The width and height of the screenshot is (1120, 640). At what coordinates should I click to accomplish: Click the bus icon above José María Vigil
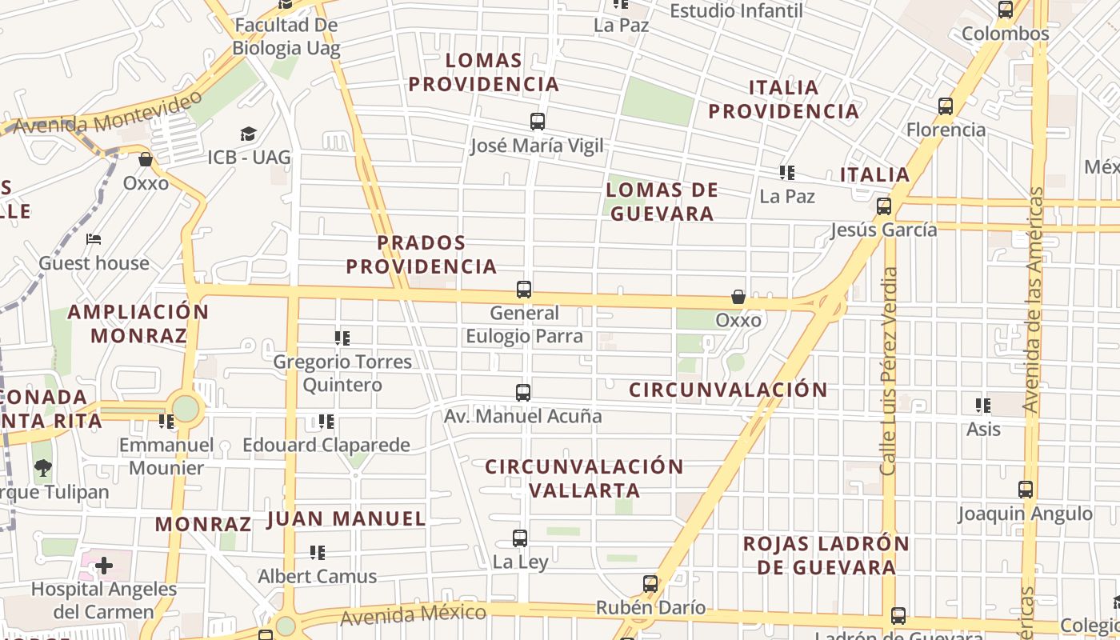coord(538,122)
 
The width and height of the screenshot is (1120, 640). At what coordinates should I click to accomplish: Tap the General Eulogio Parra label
coord(524,325)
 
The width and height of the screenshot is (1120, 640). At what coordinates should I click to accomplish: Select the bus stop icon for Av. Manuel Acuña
coord(523,393)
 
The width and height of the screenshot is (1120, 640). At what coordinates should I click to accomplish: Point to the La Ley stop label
coord(521,562)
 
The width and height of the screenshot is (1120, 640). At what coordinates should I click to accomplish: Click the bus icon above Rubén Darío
coord(650,584)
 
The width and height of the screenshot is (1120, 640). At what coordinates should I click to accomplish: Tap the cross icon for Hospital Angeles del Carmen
coord(103,566)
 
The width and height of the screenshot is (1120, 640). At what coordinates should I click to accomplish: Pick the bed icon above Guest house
coord(94,239)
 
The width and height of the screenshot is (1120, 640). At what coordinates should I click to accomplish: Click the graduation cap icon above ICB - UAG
coord(249,134)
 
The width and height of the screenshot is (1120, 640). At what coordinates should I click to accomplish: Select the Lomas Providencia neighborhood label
coord(483,72)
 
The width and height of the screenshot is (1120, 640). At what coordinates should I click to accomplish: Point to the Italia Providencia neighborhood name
coord(784,99)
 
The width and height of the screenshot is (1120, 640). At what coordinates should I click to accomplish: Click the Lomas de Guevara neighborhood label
coord(662,202)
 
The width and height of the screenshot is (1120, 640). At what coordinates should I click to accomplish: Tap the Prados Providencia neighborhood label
coord(422,254)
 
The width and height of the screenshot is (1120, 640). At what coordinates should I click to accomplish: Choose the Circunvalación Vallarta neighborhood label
coord(585,478)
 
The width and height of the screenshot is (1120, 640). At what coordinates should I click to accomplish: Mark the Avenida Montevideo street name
coord(108,114)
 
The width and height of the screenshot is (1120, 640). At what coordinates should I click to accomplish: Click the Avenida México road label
coord(413,615)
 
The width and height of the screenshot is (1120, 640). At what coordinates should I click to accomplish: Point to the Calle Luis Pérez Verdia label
coord(889,371)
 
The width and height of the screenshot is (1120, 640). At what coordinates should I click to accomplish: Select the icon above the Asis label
coord(983,406)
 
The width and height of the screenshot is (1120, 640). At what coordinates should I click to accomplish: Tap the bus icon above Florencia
coord(946,106)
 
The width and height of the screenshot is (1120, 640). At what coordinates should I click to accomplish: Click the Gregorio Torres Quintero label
coord(342,374)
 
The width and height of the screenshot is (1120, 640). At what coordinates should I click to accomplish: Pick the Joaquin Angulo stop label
coord(1026,514)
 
